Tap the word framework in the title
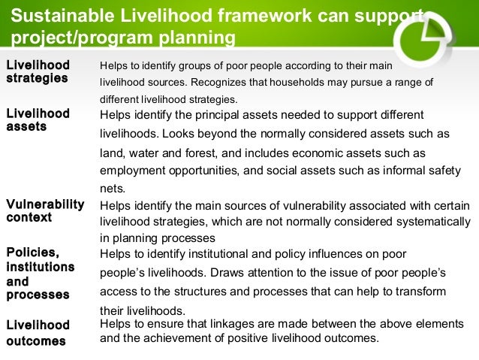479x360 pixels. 247,14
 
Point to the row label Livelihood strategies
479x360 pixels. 38,71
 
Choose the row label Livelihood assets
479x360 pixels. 38,120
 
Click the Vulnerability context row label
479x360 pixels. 44,210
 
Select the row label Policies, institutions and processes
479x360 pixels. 40,274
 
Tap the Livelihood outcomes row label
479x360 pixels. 38,332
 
